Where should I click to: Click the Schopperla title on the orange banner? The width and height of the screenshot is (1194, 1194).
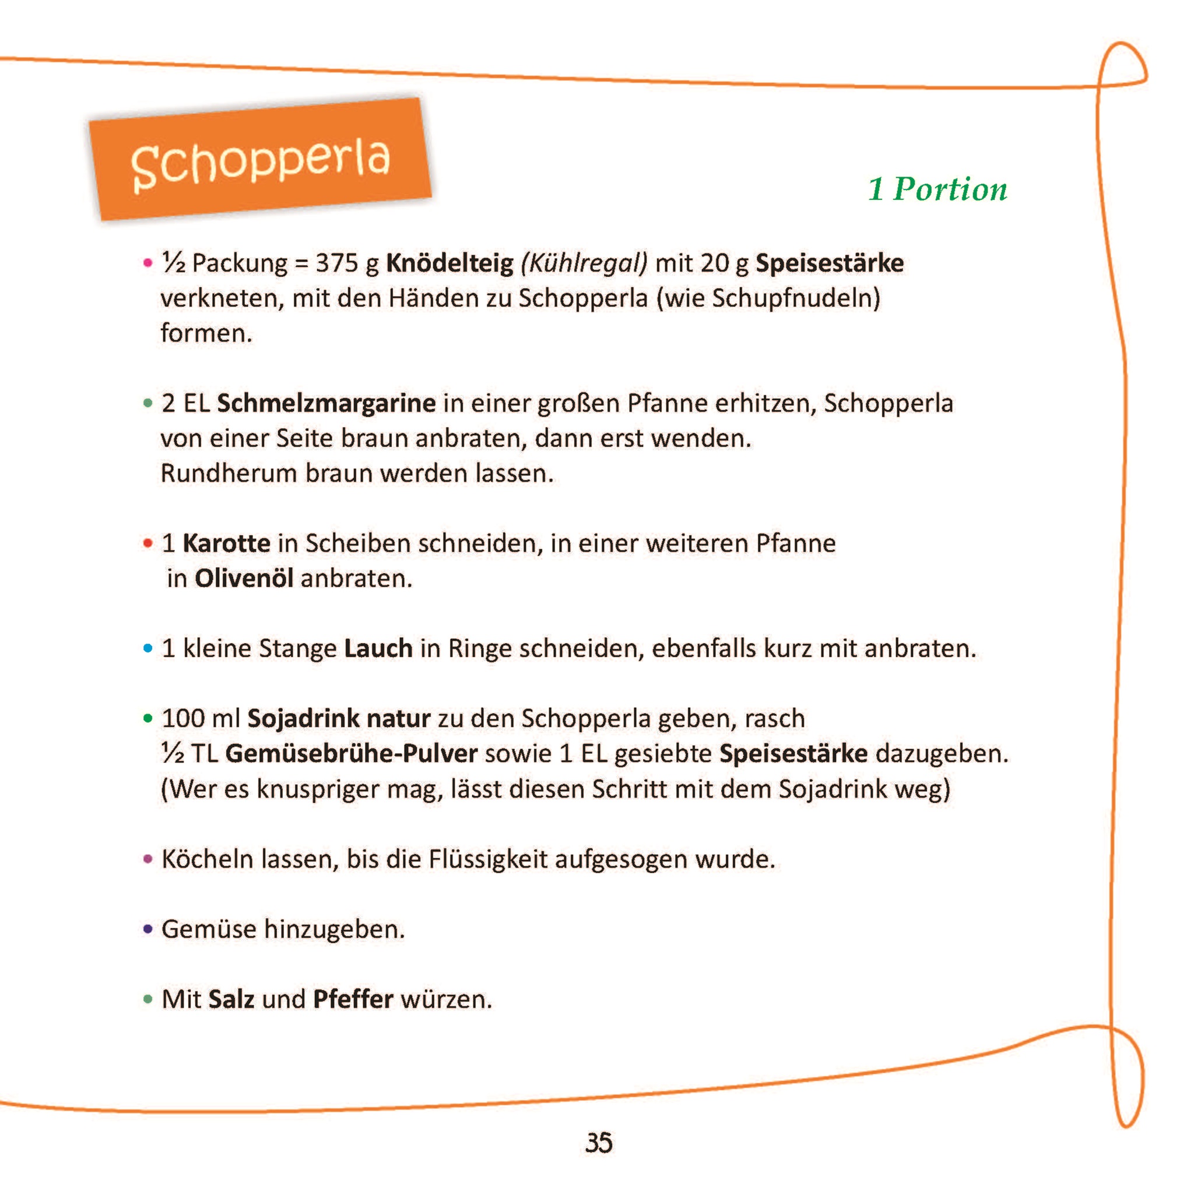(260, 161)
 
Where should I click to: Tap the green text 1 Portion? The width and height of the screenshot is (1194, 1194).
(937, 189)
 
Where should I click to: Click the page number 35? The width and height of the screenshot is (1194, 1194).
(598, 1143)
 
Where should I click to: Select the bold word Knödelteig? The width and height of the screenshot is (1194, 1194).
(449, 264)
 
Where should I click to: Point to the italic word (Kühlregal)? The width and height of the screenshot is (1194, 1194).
(584, 264)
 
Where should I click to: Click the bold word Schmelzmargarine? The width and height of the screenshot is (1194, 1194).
(326, 403)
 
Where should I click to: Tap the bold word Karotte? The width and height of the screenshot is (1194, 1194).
(226, 543)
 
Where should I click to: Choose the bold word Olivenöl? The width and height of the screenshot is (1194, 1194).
(244, 578)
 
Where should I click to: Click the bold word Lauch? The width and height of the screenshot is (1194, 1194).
(378, 648)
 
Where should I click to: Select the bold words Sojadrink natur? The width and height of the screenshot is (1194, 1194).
(339, 718)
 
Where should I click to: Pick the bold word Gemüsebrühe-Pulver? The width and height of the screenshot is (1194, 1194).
(351, 753)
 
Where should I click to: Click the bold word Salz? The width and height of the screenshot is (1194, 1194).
(231, 999)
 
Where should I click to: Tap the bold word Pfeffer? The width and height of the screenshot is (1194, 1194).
(353, 999)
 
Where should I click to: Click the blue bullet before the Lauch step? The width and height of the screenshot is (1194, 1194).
(148, 648)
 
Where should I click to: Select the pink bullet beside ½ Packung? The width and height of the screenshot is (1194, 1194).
(148, 263)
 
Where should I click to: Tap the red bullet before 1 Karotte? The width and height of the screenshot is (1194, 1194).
(148, 543)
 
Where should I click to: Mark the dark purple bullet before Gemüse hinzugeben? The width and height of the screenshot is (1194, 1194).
(148, 929)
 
